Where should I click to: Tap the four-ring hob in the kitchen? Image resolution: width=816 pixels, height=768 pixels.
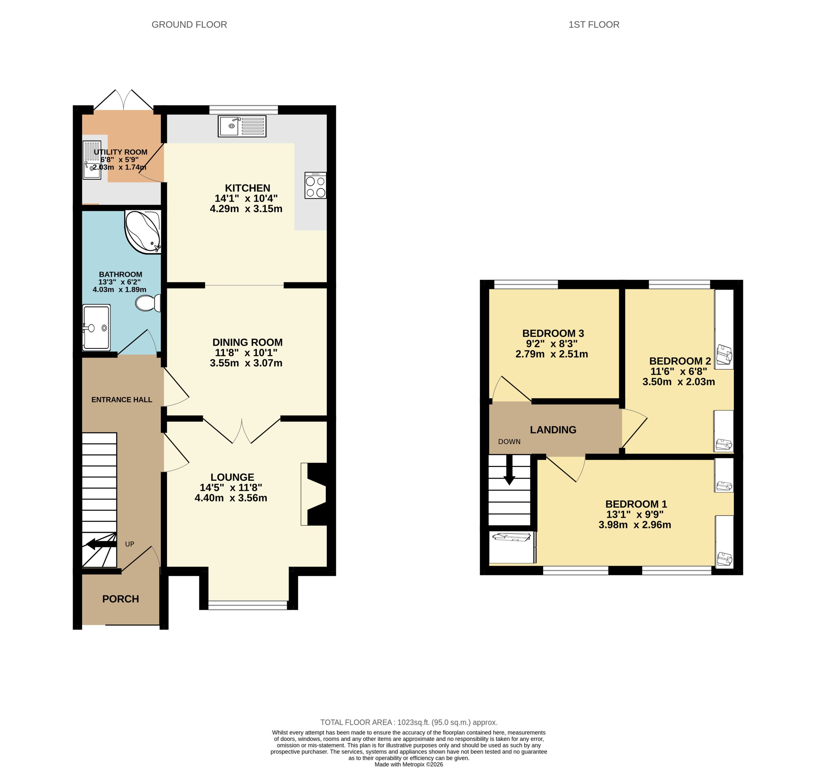pos(315,186)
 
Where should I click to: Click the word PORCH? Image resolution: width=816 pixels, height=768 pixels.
pos(120,599)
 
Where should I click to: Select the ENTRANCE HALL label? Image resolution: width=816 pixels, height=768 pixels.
pos(121,399)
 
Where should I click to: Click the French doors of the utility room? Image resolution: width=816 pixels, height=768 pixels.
pos(124,101)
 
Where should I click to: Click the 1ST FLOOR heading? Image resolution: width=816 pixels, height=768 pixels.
pos(594,25)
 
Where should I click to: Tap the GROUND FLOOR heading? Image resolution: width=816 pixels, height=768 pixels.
pos(189,25)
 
